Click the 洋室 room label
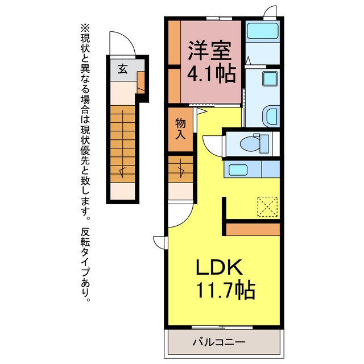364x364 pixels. tap(210, 51)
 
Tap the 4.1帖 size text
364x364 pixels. tap(212, 75)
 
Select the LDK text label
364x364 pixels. tap(220, 267)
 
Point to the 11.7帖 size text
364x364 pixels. tap(226, 290)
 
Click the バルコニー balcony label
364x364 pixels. tap(219, 342)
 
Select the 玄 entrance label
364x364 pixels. tap(123, 69)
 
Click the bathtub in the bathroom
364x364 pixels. tap(263, 30)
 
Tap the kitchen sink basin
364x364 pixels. tap(238, 169)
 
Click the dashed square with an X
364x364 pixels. tap(267, 206)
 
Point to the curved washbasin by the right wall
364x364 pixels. tap(271, 117)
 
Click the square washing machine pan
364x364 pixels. tap(270, 78)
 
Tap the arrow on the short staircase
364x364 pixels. tap(181, 168)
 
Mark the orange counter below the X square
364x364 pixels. tap(253, 229)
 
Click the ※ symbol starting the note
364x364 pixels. tap(85, 28)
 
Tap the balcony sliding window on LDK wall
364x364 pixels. tap(222, 328)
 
